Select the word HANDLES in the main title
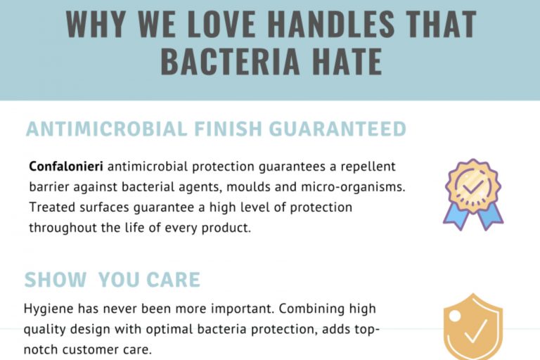(337, 25)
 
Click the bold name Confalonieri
(67, 167)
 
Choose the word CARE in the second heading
(174, 280)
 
